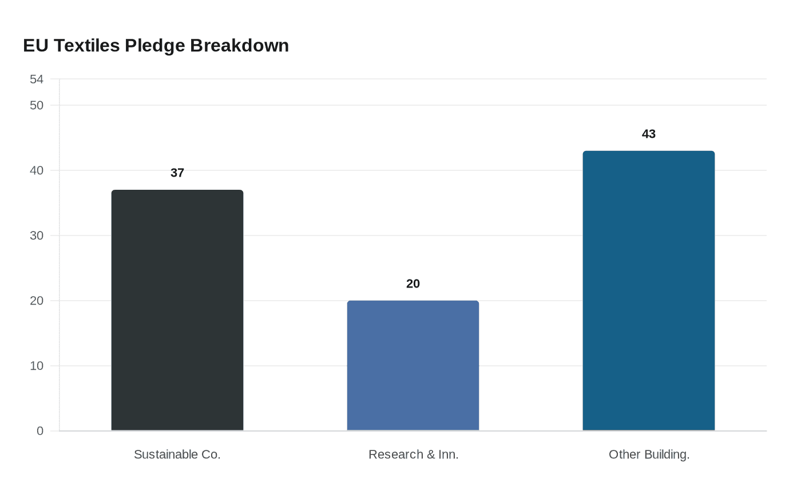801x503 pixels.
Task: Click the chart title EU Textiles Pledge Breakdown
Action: pos(156,46)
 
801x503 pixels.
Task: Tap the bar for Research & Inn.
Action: pos(413,365)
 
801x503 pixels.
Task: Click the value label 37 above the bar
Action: pos(177,173)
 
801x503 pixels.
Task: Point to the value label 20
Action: pos(413,284)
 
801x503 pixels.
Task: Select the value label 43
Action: pos(649,134)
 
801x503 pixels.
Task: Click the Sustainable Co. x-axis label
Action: pos(177,454)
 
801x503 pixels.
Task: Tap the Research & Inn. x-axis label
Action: pos(413,454)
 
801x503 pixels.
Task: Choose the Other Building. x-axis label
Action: pos(649,454)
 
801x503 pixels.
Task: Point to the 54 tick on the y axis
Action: pos(37,79)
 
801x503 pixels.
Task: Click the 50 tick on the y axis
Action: pos(37,105)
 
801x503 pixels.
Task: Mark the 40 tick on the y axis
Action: pos(37,170)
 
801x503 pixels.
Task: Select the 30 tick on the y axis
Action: pos(37,235)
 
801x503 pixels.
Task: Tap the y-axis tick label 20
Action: pos(37,301)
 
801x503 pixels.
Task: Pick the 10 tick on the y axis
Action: pos(37,366)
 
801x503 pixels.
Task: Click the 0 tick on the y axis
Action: pos(40,431)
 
